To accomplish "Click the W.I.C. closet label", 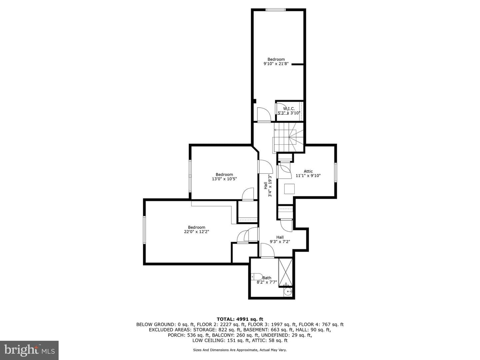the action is pos(289,109).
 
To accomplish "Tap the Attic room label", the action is pos(308,171).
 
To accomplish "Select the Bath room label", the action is pos(267,278).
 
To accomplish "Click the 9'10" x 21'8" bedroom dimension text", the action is pos(276,64).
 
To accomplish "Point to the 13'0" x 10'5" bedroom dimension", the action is pos(224,179).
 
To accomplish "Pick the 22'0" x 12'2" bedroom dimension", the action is pos(197,232).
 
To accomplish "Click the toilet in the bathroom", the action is pos(257,277).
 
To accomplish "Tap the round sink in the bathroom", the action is pos(288,292).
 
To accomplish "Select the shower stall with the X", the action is pos(285,272).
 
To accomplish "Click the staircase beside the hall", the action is pos(288,137).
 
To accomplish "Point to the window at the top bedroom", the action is pos(276,10).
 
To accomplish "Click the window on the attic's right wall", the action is pos(335,172).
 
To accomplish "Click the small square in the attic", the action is pos(289,189).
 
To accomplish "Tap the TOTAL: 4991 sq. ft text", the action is pos(240,319).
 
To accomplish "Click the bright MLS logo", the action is pos(29,350).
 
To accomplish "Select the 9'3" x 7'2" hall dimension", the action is pos(280,242).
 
